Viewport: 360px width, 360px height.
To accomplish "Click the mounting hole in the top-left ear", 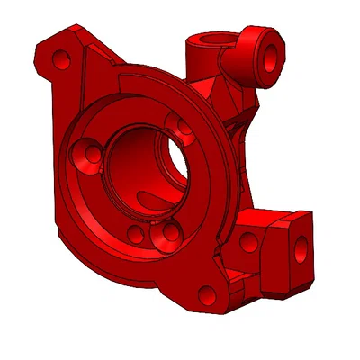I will (61, 61).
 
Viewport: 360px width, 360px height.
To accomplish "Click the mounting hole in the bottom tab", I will (207, 293).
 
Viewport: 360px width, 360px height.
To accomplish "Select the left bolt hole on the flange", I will (91, 154).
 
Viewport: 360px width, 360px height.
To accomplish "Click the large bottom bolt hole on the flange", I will (166, 234).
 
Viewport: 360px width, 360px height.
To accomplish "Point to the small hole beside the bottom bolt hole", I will (135, 235).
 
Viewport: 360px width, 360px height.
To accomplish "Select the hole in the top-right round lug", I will (269, 54).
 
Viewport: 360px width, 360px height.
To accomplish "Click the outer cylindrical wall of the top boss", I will (200, 63).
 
